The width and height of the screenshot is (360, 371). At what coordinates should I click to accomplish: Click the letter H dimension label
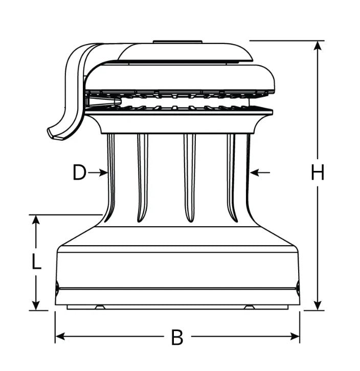pos(317,173)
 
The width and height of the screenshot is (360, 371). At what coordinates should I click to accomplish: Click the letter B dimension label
pos(177,337)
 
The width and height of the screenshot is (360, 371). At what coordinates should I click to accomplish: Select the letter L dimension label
pos(36,261)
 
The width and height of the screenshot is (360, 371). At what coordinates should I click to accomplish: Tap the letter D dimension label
pos(79,172)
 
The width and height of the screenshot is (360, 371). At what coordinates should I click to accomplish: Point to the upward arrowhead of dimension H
pos(317,46)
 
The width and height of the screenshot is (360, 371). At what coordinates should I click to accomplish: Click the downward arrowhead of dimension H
pos(317,305)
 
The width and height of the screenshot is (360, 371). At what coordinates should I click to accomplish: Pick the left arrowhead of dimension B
pos(60,336)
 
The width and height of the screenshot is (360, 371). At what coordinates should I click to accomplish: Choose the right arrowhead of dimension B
pos(295,336)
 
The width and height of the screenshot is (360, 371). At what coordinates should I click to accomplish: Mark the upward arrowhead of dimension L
pos(36,220)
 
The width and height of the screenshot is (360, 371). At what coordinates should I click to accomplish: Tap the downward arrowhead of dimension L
pos(36,305)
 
